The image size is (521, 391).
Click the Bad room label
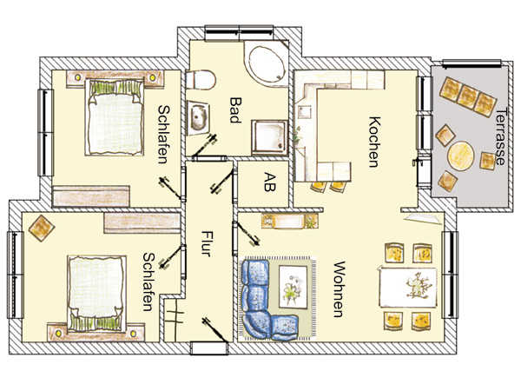point(235,110)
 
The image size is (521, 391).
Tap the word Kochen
point(374,142)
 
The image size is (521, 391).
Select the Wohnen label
point(339,289)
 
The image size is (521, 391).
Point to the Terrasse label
point(500,136)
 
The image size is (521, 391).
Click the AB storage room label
point(269,182)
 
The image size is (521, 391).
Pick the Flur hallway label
point(206,243)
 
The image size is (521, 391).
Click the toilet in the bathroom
point(201,80)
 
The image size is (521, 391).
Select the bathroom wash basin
point(198,117)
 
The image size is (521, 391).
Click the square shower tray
point(269,137)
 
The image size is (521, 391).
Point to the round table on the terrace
point(460,156)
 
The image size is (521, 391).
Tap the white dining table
point(408,288)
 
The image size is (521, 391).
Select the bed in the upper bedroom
point(115,117)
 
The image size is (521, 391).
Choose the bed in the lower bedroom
point(96,294)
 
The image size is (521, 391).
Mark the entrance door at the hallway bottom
point(209,348)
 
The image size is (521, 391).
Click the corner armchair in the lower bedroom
point(42,228)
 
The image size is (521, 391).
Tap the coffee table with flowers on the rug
point(293,287)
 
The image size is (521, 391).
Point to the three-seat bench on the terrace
point(468,96)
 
